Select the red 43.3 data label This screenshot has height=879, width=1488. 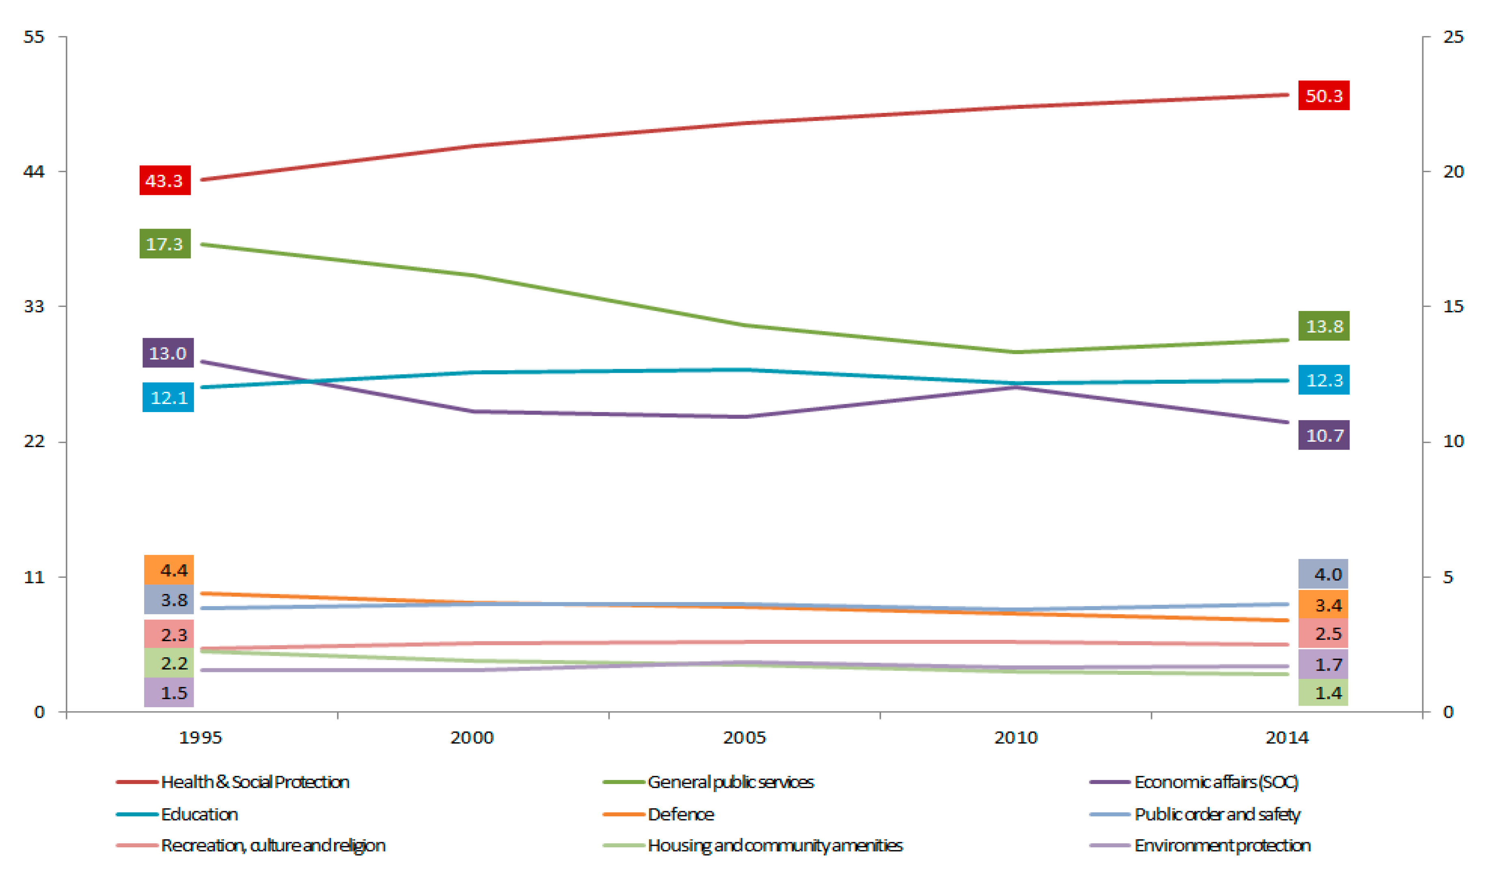(165, 180)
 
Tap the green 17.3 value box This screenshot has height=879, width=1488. (165, 244)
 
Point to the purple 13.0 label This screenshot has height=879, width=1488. (168, 353)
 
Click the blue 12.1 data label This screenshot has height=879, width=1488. (168, 397)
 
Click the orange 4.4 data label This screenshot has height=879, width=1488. (169, 570)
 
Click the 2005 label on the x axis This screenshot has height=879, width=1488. (744, 737)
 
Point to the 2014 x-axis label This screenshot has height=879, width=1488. (1287, 737)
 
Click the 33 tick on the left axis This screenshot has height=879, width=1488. (34, 306)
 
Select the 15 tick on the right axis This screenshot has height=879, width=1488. (1452, 306)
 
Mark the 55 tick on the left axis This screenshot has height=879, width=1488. (34, 37)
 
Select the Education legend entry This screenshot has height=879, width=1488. (199, 814)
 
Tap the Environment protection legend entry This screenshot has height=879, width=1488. (1222, 845)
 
